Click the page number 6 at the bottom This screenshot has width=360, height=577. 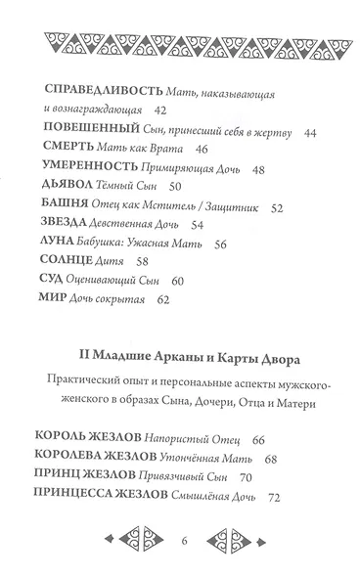(x=182, y=543)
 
